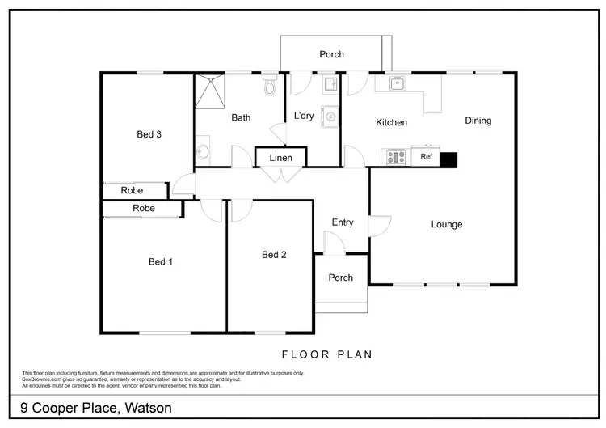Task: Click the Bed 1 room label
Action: [x=161, y=261]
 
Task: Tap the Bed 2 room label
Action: [x=274, y=255]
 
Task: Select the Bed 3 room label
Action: [x=149, y=134]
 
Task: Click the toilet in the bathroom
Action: [x=270, y=84]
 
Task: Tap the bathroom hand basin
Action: [x=202, y=151]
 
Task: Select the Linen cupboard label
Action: [x=280, y=158]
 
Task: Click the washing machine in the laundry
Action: [x=330, y=117]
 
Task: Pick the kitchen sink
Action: [x=397, y=83]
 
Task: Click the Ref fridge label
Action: [x=426, y=158]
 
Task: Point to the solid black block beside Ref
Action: [x=448, y=159]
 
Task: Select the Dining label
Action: [x=478, y=121]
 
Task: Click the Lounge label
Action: [x=446, y=224]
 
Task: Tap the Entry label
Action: [x=343, y=222]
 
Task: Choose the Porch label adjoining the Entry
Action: [x=340, y=278]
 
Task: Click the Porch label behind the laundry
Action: [x=331, y=54]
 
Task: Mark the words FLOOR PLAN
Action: [x=326, y=354]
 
